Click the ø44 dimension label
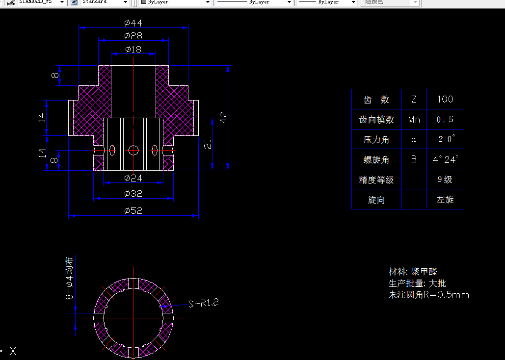[x=133, y=23]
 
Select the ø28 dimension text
[x=133, y=36]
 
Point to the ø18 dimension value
[x=133, y=49]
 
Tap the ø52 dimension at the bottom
[x=133, y=210]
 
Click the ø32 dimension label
[x=133, y=194]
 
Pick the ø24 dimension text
[x=133, y=178]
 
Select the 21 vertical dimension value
[x=208, y=144]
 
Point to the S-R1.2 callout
[x=203, y=303]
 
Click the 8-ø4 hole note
[x=69, y=278]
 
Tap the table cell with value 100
[x=445, y=99]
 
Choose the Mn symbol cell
[x=414, y=119]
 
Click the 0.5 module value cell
[x=445, y=119]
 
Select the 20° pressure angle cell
[x=445, y=139]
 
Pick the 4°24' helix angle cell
[x=445, y=159]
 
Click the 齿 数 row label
[x=376, y=99]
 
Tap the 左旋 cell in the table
[x=445, y=200]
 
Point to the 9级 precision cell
[x=445, y=180]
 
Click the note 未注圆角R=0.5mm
[x=428, y=295]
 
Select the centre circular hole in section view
[x=133, y=151]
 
